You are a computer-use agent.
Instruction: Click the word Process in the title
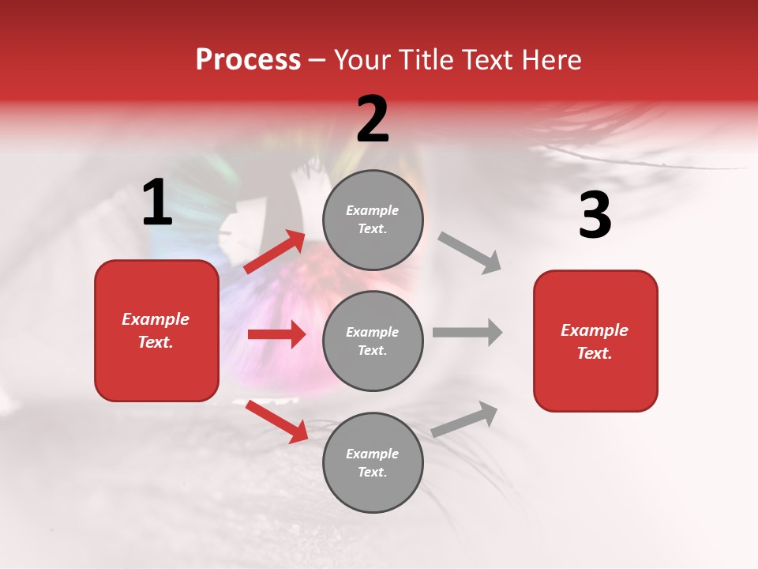(248, 60)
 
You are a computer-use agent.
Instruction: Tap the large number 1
(157, 203)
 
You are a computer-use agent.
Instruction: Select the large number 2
(373, 119)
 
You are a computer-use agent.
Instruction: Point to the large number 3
(595, 216)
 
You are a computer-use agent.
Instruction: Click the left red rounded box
(156, 330)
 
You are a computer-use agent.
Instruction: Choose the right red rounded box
(595, 341)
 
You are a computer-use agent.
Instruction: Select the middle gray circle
(373, 341)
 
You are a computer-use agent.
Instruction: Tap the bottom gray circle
(373, 462)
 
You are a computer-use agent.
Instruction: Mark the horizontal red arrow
(276, 334)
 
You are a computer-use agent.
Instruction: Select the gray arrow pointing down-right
(470, 253)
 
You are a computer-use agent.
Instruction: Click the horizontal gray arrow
(467, 333)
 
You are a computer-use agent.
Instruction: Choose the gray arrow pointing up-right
(465, 419)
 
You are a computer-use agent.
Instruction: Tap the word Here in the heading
(552, 60)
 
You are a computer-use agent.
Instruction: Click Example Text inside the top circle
(373, 220)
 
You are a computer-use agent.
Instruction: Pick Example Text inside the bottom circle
(373, 463)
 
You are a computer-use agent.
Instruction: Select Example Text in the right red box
(595, 341)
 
